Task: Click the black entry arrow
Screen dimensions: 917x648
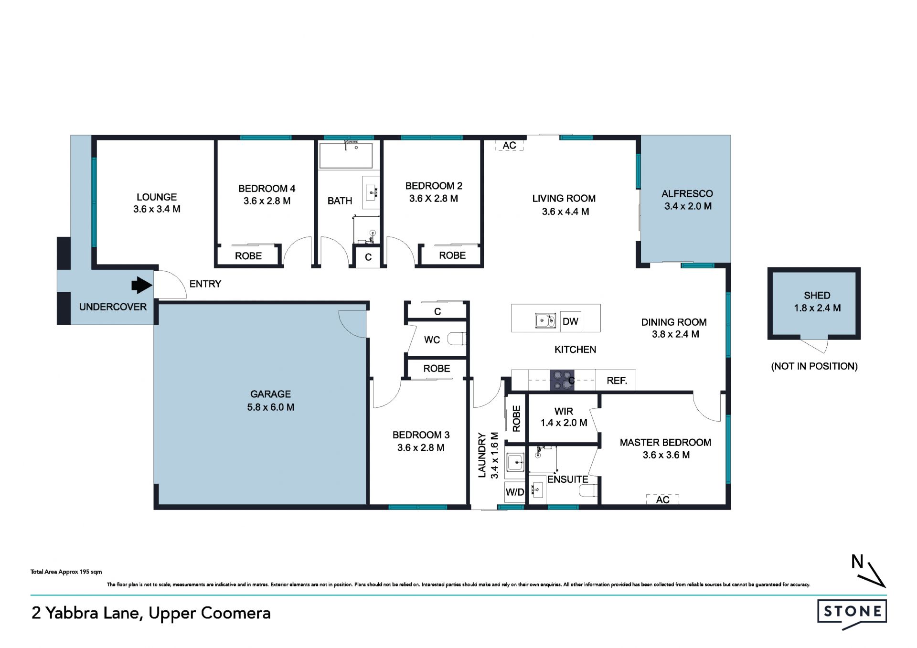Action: coord(142,285)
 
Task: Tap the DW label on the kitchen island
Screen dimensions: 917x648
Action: coord(570,321)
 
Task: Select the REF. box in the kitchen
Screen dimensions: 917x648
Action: coord(616,380)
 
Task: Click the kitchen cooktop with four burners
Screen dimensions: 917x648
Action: coord(562,380)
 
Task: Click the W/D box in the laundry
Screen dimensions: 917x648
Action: coord(515,492)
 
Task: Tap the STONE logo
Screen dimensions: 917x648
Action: coord(852,612)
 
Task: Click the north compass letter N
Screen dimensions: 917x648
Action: coord(857,562)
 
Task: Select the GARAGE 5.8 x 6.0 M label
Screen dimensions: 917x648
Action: coord(271,401)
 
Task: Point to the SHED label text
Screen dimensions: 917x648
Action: coord(817,296)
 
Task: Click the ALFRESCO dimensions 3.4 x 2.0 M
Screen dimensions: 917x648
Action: coord(688,206)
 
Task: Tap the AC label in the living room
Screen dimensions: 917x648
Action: coord(510,146)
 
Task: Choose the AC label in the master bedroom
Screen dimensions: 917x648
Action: coord(662,499)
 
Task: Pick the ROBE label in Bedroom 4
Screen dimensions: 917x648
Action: coord(248,256)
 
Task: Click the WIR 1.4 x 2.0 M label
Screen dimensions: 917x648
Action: coord(564,417)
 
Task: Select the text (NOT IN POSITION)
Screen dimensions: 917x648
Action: coord(814,366)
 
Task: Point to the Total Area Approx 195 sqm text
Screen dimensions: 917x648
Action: coord(66,572)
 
